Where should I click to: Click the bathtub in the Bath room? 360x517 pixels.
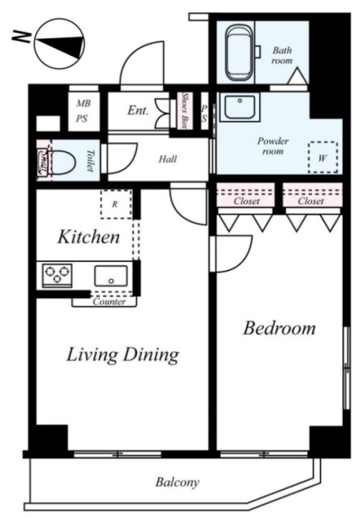pos(240,52)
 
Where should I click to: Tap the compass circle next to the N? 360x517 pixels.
pos(60,44)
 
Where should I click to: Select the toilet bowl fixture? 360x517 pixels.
pos(62,161)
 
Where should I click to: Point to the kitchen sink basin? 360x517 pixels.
pos(110,275)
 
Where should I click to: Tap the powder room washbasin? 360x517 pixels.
pos(240,107)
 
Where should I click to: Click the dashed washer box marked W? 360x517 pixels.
pos(323,157)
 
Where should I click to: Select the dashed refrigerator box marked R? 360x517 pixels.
pos(116,204)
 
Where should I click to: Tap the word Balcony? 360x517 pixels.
pos(177,482)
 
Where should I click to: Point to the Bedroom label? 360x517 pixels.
pos(279,328)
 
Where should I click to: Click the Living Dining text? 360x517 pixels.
pos(123,355)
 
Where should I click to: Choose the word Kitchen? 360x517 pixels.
pos(89,237)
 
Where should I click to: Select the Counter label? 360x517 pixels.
pos(109,302)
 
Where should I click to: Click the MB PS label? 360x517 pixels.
pos(82,111)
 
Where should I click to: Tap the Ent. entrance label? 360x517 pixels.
pos(138,110)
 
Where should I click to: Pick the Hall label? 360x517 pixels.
pos(168,159)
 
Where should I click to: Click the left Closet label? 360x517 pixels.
pos(247,201)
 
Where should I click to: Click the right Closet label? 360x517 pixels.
pos(311,201)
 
